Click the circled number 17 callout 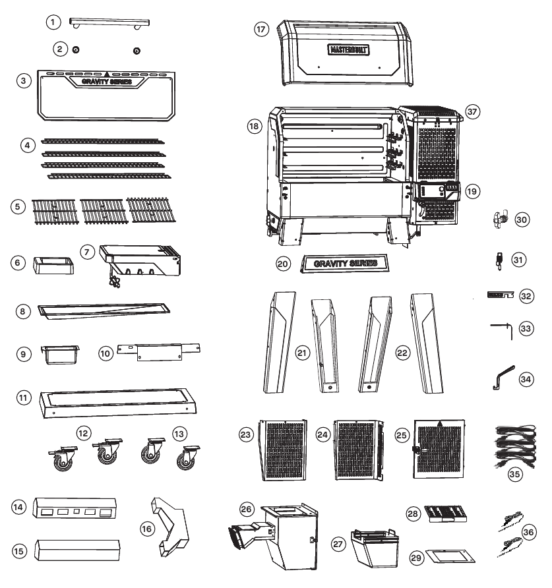pyautogui.click(x=262, y=29)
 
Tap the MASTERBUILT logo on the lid pyautogui.click(x=348, y=49)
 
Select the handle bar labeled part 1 pyautogui.click(x=109, y=22)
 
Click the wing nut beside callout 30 pyautogui.click(x=500, y=219)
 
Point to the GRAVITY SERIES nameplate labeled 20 pyautogui.click(x=345, y=263)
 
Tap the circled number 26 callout pyautogui.click(x=246, y=509)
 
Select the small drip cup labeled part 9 pyautogui.click(x=60, y=355)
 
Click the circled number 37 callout pyautogui.click(x=472, y=111)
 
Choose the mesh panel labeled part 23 pyautogui.click(x=283, y=450)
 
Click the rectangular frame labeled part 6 pyautogui.click(x=53, y=265)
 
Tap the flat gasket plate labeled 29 pyautogui.click(x=450, y=556)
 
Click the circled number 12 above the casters pyautogui.click(x=83, y=434)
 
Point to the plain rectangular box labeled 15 pyautogui.click(x=77, y=550)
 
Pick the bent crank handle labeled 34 pyautogui.click(x=503, y=377)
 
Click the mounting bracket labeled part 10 pyautogui.click(x=159, y=352)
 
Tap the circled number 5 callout pyautogui.click(x=18, y=206)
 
